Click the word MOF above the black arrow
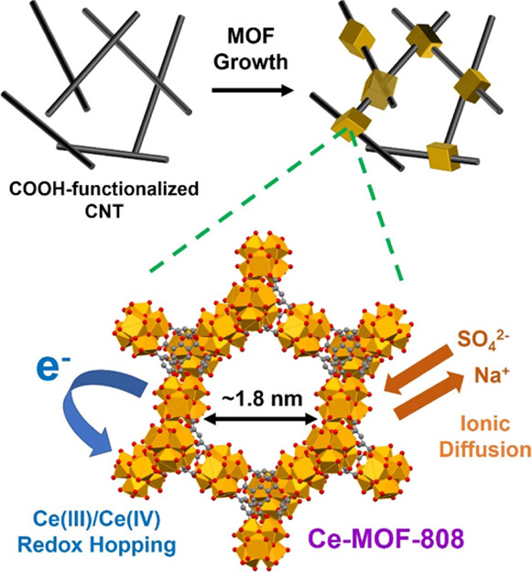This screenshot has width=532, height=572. [x=250, y=37]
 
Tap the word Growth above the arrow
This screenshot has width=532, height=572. [x=251, y=62]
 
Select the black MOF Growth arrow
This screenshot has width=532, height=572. [x=253, y=90]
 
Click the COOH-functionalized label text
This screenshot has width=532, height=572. [x=104, y=189]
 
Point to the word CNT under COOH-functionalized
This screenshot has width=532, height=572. [x=104, y=211]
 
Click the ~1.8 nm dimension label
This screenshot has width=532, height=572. [x=262, y=399]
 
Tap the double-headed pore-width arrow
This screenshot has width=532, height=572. [x=261, y=420]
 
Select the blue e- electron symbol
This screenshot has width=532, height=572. [x=53, y=369]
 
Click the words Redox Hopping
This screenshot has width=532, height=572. [x=97, y=545]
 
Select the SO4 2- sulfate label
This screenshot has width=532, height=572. [x=483, y=340]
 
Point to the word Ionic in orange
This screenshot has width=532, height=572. [x=485, y=424]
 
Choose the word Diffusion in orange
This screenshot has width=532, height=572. [x=485, y=449]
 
